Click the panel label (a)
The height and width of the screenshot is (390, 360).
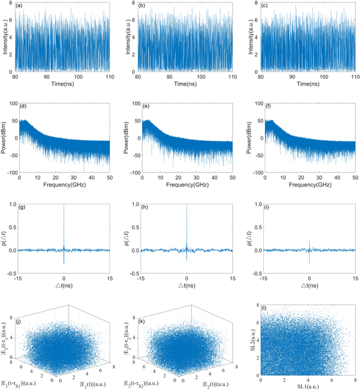click(x=22, y=8)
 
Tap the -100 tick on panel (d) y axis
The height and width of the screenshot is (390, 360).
click(x=10, y=172)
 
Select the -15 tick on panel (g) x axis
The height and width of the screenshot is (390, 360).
click(x=18, y=278)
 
